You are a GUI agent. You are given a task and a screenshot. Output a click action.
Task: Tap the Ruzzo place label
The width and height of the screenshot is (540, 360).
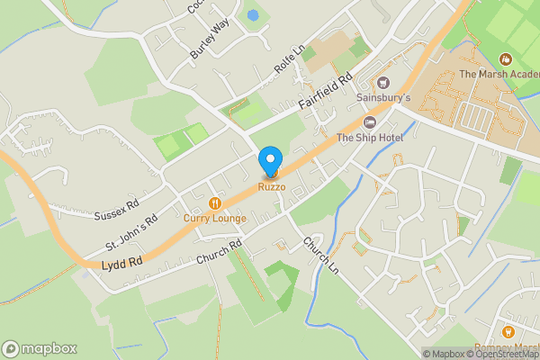pyautogui.click(x=272, y=186)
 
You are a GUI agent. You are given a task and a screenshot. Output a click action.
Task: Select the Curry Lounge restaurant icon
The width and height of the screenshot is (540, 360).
pyautogui.click(x=213, y=203)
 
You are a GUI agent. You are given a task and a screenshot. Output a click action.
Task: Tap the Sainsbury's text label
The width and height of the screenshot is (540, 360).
pyautogui.click(x=383, y=97)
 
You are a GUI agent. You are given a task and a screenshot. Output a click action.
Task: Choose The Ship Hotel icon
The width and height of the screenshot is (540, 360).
pyautogui.click(x=369, y=122)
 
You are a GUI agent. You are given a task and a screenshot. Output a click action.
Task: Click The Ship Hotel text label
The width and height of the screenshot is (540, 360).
pyautogui.click(x=369, y=137)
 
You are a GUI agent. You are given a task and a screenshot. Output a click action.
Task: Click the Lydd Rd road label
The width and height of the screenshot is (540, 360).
pyautogui.click(x=123, y=262)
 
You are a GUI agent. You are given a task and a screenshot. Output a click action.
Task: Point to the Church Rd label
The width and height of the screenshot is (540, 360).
pyautogui.click(x=220, y=252)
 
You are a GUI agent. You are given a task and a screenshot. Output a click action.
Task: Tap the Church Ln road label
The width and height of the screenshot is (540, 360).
pyautogui.click(x=319, y=256)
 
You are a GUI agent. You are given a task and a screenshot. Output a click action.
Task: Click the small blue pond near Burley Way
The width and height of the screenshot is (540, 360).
pyautogui.click(x=253, y=15)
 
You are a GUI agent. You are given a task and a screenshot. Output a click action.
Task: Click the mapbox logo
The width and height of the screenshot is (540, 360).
pyautogui.click(x=40, y=348)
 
